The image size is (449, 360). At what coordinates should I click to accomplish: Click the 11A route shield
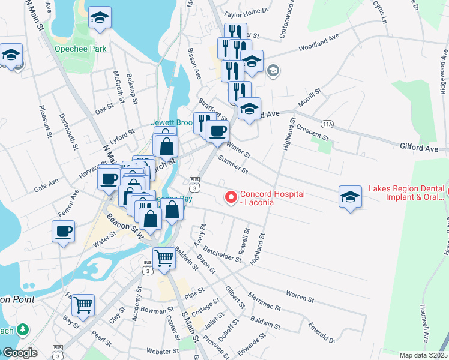click(327, 124)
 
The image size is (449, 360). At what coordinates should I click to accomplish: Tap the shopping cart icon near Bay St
click(83, 304)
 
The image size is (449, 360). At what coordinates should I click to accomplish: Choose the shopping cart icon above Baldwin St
click(164, 259)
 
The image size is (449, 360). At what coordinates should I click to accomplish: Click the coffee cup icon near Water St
click(63, 231)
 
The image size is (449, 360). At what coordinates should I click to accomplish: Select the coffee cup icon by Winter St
click(217, 130)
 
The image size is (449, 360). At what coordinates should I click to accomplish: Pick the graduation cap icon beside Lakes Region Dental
click(351, 196)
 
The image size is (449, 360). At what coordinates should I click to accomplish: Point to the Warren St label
click(300, 296)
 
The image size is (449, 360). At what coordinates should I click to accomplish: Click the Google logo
click(19, 353)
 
